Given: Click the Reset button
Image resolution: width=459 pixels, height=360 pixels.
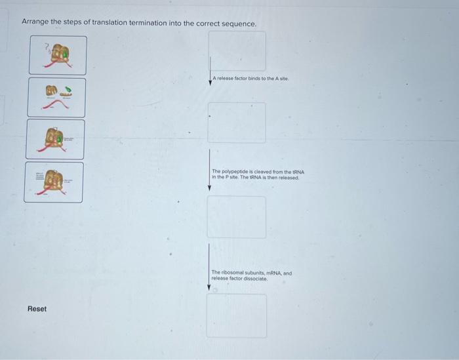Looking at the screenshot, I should tap(37, 309).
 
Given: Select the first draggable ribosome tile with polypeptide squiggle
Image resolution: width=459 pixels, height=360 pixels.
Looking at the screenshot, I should tap(57, 55).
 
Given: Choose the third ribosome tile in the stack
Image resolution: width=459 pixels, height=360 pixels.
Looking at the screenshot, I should tap(56, 139).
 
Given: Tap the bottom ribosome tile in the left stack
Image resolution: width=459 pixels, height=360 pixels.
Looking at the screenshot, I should tap(54, 182).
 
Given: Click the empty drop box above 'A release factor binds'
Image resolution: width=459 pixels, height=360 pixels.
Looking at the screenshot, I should tap(237, 51).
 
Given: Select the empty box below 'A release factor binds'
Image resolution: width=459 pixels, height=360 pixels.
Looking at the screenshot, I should tap(237, 123).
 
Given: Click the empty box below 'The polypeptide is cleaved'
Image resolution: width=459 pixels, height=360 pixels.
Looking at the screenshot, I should tap(237, 217).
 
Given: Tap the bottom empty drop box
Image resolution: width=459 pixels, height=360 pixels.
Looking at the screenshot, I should tap(237, 315).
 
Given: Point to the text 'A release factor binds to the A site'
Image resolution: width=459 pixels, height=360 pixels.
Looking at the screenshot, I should tap(251, 79).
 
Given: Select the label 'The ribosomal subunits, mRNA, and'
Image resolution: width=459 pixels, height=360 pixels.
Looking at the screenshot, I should tap(252, 272).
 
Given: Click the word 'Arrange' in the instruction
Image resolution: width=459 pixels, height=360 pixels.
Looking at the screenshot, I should tap(35, 23).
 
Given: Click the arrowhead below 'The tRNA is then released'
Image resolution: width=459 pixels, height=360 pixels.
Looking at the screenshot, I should tap(210, 188).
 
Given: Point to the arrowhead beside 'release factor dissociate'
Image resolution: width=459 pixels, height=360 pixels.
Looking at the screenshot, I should tap(210, 287).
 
